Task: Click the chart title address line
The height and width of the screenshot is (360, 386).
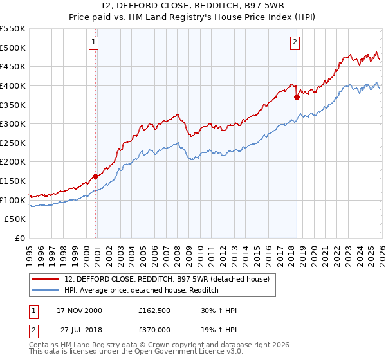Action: tap(192, 6)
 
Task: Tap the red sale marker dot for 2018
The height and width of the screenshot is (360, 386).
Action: tap(297, 98)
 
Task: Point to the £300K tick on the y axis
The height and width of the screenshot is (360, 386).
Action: tap(13, 123)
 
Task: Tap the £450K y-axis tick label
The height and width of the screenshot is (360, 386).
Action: tap(13, 66)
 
